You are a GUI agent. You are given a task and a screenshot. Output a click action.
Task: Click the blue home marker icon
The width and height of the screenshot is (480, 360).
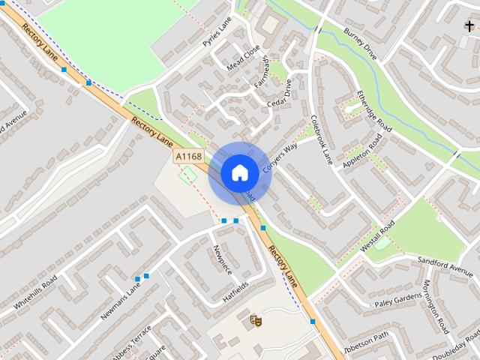(x=240, y=172)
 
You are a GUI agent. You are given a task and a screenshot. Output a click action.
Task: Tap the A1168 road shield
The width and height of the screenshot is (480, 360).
(x=188, y=156)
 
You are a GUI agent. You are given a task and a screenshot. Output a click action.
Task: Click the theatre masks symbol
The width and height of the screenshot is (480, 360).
(x=256, y=320)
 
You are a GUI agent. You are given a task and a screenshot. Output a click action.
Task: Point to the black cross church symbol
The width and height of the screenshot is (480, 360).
(x=469, y=26)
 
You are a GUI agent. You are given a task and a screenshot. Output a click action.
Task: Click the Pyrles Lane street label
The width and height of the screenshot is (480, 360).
(x=217, y=34)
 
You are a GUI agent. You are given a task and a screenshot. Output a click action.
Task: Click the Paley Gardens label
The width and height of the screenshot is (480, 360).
(x=398, y=300)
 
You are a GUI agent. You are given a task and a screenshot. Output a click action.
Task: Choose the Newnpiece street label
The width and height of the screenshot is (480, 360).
(x=223, y=259)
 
